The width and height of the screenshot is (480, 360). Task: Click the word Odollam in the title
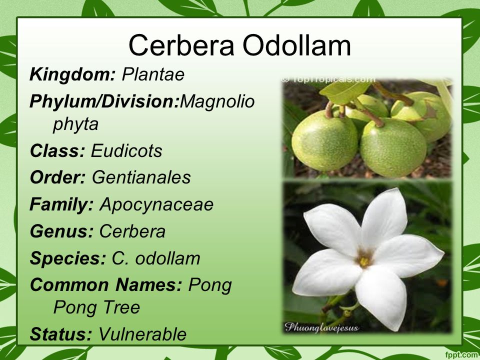pyautogui.click(x=296, y=45)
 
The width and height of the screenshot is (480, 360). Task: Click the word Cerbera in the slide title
pyautogui.click(x=181, y=45)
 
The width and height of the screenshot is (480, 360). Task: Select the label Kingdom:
pyautogui.click(x=72, y=74)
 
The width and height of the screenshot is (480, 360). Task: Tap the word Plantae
pyautogui.click(x=153, y=74)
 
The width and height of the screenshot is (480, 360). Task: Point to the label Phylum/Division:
pyautogui.click(x=104, y=101)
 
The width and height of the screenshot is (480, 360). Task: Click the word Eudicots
pyautogui.click(x=126, y=150)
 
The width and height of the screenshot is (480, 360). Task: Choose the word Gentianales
pyautogui.click(x=141, y=177)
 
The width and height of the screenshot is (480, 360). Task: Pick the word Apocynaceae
pyautogui.click(x=156, y=204)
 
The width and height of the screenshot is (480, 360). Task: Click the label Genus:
pyautogui.click(x=61, y=231)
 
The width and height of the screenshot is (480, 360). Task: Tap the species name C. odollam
pyautogui.click(x=156, y=258)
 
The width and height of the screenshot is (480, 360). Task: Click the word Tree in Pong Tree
pyautogui.click(x=121, y=307)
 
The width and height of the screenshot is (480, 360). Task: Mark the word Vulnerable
pyautogui.click(x=142, y=334)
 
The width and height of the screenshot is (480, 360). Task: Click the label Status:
pyautogui.click(x=61, y=334)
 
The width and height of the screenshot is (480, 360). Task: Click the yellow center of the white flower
pyautogui.click(x=364, y=261)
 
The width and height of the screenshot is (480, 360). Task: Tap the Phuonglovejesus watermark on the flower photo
pyautogui.click(x=321, y=327)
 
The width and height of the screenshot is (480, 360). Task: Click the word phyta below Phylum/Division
pyautogui.click(x=75, y=124)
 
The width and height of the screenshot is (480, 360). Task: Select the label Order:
pyautogui.click(x=57, y=177)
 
